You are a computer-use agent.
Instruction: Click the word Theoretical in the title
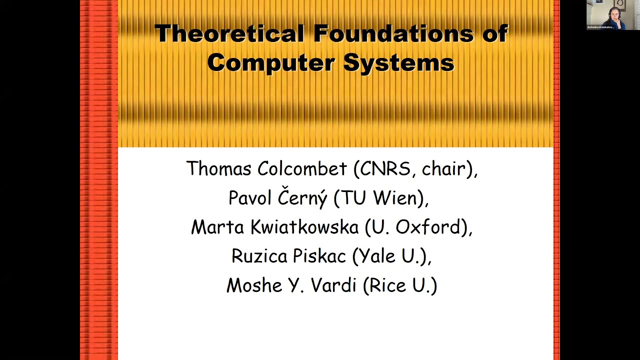click(x=229, y=34)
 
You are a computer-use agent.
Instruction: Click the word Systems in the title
click(x=398, y=63)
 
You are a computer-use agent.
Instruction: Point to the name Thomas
click(x=218, y=168)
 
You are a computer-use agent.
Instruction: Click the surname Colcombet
click(x=302, y=168)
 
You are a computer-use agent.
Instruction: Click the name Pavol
click(x=249, y=198)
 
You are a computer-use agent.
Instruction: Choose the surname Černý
click(x=302, y=197)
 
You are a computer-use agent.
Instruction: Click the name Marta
click(x=217, y=227)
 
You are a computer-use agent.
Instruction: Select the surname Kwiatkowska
click(x=304, y=227)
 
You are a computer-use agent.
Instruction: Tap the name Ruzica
click(x=259, y=256)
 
